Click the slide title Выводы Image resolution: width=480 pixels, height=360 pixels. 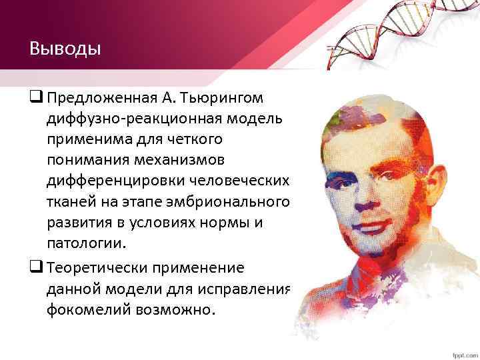(65, 49)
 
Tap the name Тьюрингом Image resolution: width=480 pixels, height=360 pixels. (230, 98)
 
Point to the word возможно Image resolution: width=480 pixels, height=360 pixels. (179, 309)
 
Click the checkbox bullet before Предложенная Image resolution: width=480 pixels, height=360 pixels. (35, 98)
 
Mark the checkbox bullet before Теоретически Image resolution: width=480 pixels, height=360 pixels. (35, 267)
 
